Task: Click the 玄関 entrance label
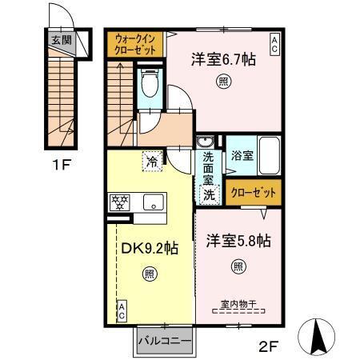(60, 39)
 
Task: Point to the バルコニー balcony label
(163, 342)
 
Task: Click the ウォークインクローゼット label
(135, 43)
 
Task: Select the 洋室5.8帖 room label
(238, 240)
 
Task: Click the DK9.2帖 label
(149, 248)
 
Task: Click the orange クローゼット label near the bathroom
(254, 193)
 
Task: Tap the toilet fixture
(149, 83)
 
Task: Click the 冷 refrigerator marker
(151, 161)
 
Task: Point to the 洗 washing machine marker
(209, 194)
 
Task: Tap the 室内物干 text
(238, 304)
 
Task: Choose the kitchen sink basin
(153, 202)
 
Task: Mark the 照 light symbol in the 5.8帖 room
(238, 266)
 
